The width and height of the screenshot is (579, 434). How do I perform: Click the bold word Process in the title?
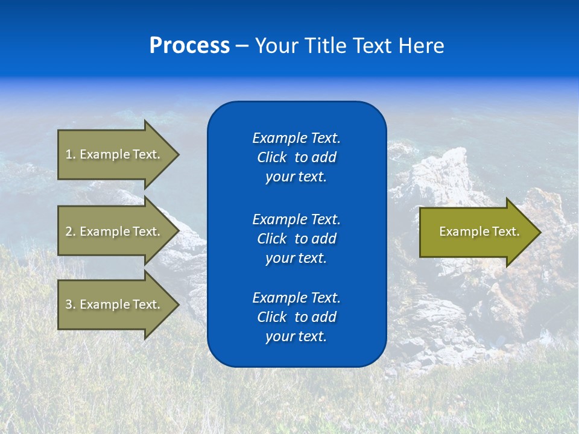click(189, 46)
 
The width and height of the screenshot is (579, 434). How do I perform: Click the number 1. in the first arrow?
click(71, 154)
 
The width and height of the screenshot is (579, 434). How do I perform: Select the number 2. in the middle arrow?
click(71, 231)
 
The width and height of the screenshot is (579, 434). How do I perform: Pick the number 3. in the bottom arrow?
click(71, 304)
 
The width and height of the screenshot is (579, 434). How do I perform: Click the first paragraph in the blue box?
click(296, 157)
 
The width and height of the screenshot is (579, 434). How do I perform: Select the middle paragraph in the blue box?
click(296, 239)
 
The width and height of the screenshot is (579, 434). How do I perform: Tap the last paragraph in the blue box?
click(296, 317)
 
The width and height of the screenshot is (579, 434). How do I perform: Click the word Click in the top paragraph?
click(271, 157)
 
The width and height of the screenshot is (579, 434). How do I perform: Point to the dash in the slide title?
click(242, 46)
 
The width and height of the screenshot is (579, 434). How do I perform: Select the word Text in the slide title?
click(373, 46)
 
